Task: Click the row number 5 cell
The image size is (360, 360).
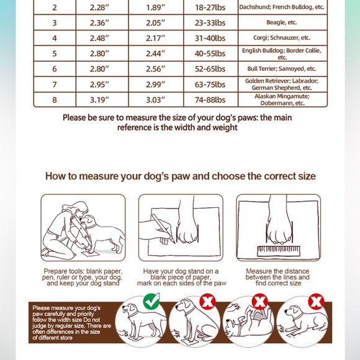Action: coord(54,53)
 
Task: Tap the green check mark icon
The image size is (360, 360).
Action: coord(151,302)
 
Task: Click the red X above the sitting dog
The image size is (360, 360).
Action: coord(205,302)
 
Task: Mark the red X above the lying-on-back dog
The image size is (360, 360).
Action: coord(260,302)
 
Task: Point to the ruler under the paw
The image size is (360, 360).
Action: coord(277,251)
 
